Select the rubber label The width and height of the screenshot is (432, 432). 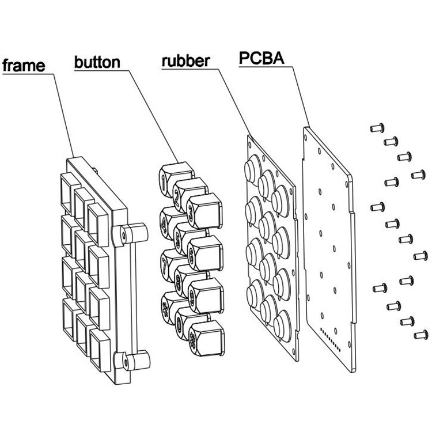point(186,62)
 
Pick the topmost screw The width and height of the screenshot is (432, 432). point(378,127)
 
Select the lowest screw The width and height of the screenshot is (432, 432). point(420,334)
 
